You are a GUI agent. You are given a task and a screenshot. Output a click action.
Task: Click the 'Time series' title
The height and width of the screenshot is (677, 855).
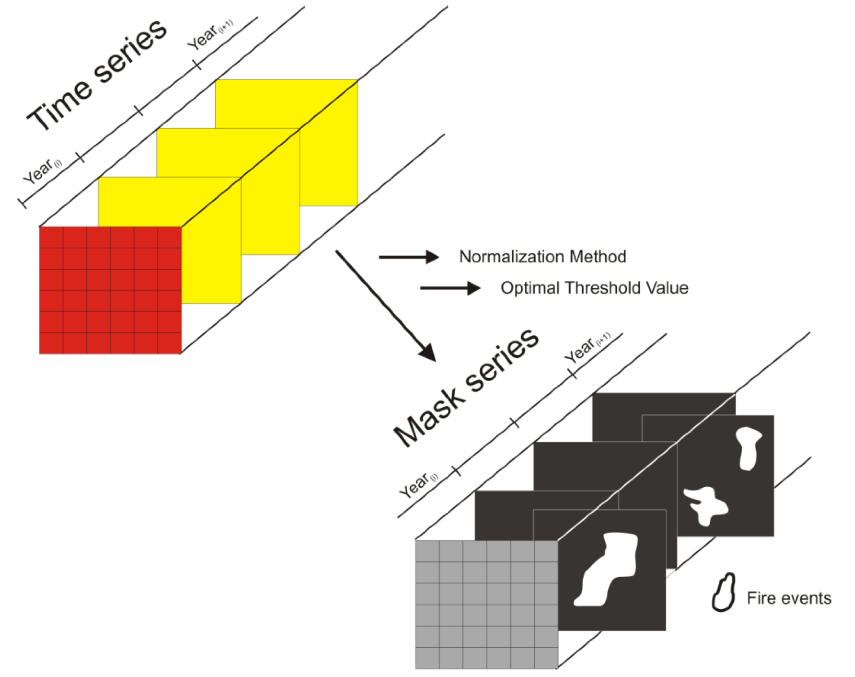pyautogui.click(x=97, y=75)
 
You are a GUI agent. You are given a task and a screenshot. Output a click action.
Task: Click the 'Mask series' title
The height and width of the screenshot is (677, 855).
pyautogui.click(x=466, y=389)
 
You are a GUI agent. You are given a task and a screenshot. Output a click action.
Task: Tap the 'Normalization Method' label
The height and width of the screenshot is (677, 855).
pyautogui.click(x=542, y=257)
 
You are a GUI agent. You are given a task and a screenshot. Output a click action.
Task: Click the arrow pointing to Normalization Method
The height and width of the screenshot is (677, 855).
pyautogui.click(x=408, y=257)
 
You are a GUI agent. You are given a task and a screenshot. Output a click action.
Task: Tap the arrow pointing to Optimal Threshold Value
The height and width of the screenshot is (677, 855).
pyautogui.click(x=450, y=288)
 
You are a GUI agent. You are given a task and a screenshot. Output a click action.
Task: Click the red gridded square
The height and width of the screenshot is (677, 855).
pyautogui.click(x=110, y=290)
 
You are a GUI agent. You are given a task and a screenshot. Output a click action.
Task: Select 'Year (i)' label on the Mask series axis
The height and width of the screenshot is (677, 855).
pyautogui.click(x=418, y=485)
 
